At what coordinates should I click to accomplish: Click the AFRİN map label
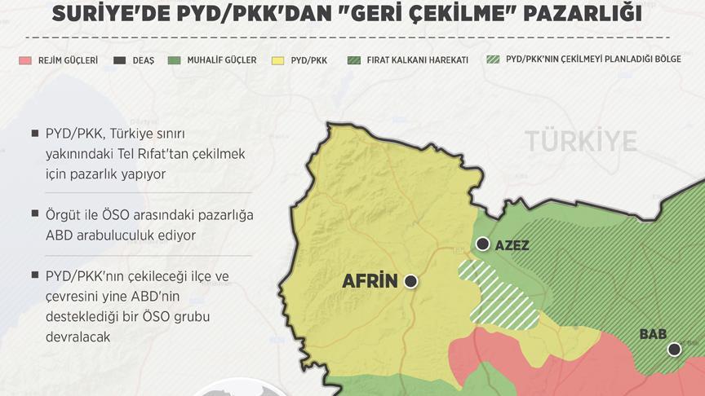point(369,282)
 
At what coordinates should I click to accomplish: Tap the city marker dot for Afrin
point(410,281)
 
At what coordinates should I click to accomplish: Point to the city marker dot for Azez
point(484,244)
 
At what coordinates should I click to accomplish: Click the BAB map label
point(654,334)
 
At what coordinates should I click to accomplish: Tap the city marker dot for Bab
point(674,350)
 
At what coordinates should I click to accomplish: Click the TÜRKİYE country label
point(580,141)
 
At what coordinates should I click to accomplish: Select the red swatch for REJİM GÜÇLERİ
point(26,61)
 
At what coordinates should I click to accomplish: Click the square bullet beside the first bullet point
point(33,133)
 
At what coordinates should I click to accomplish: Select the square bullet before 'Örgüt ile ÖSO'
point(33,213)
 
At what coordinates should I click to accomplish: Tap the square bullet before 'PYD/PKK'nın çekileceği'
point(33,275)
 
